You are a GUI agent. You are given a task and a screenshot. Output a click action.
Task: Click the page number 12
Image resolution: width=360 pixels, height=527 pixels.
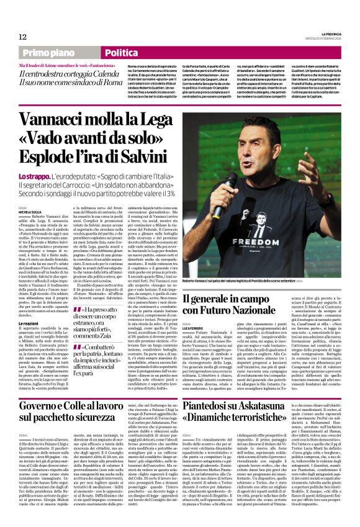(22, 37)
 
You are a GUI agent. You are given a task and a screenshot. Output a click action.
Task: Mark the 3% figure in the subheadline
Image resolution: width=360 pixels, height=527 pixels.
(169, 195)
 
